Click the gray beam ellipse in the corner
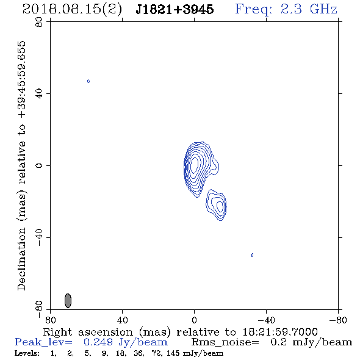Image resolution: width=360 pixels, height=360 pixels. coord(68,301)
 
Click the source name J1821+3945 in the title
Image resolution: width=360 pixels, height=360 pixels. coord(175,9)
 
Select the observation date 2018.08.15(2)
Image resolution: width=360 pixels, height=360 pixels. coord(72,10)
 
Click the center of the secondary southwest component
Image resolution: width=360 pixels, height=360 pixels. coord(220,206)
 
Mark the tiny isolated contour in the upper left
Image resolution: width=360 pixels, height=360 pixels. coord(88,81)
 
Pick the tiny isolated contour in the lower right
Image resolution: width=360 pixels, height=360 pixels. coord(253,255)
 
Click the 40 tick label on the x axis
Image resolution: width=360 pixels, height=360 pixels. coord(122,320)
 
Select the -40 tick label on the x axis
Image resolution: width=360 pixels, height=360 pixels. coord(266,320)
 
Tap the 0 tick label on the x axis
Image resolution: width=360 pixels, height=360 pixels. coord(194,320)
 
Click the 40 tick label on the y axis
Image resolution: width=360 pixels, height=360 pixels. coord(39,93)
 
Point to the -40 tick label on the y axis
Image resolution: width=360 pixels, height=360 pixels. coord(39,237)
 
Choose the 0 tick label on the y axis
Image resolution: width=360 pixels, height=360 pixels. coord(39,165)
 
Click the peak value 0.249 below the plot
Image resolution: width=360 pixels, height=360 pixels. coord(98,342)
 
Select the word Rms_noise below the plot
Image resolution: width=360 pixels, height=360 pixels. coord(225,342)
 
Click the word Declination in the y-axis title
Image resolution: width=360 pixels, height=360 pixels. coord(21,259)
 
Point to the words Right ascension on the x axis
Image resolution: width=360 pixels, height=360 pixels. coord(88,332)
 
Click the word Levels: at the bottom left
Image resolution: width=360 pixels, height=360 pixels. coord(27,353)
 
